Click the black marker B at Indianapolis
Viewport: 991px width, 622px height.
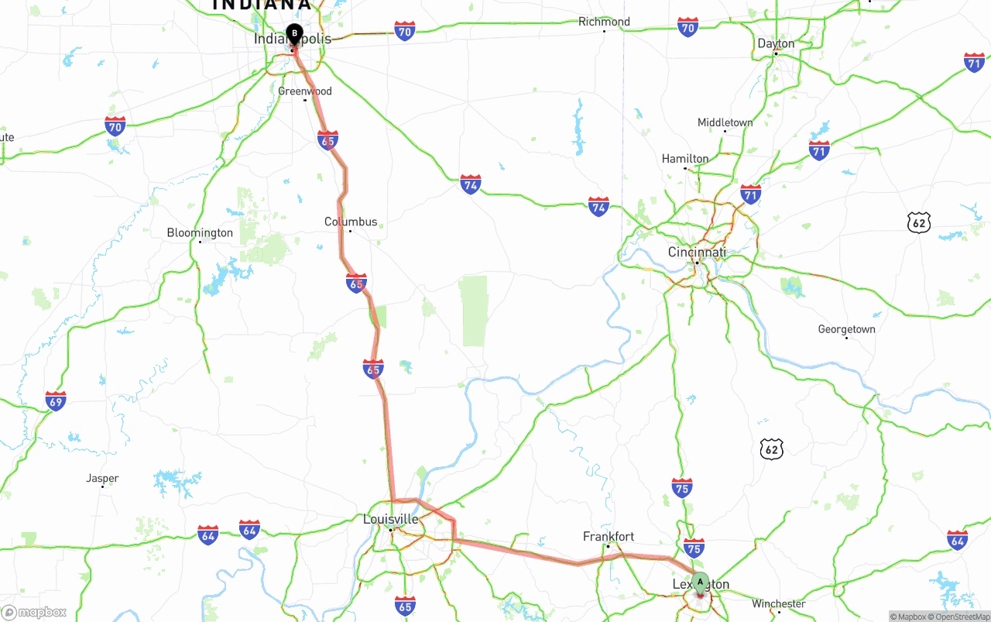pos(294,33)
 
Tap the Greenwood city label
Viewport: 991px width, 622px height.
pos(305,91)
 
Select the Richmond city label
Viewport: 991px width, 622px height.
pos(604,22)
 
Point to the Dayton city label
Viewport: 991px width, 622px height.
pos(776,43)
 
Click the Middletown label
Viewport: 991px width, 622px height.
pos(725,122)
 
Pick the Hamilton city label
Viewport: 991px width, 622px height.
pos(684,159)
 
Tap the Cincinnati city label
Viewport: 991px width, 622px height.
pos(697,253)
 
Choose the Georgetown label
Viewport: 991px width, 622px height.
pos(846,329)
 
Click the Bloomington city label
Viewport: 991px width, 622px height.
pos(200,232)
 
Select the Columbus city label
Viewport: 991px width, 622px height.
pos(351,222)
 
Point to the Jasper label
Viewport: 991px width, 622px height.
pos(102,478)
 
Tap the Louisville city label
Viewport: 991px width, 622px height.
pos(391,519)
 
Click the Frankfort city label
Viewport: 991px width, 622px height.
pos(609,536)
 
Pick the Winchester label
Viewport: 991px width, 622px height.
pos(779,603)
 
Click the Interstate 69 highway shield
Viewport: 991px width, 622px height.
pos(55,400)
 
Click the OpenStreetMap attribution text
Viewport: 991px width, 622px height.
pos(961,617)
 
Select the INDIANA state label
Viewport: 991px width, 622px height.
pos(261,5)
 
